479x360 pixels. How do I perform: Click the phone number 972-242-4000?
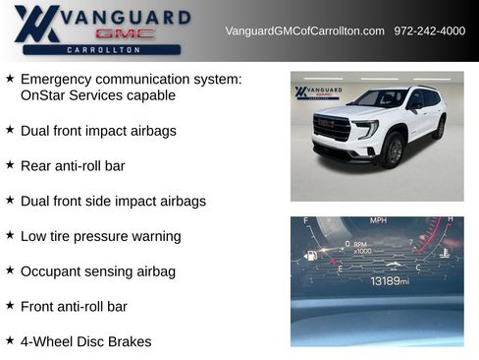[x=429, y=31]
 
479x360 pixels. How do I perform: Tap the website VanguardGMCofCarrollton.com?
[x=304, y=31]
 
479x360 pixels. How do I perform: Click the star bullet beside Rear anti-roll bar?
[x=10, y=165]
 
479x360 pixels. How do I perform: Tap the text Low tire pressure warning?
[x=100, y=236]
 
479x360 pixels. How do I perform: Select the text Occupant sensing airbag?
[x=97, y=270]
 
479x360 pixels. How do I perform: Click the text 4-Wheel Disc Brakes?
[x=85, y=341]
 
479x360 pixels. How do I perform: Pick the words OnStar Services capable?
[x=97, y=95]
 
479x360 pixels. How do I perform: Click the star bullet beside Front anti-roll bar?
[x=10, y=306]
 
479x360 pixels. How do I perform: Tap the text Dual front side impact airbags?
[x=113, y=201]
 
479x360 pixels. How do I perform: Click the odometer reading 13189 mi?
[x=389, y=281]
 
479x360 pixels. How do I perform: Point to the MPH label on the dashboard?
[x=378, y=221]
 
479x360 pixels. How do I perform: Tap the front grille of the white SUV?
[x=332, y=128]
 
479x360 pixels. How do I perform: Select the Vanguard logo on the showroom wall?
[x=316, y=92]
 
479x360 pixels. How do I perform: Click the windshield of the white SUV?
[x=378, y=99]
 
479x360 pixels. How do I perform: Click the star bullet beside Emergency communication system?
[x=10, y=78]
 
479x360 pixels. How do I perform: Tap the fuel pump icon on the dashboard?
[x=311, y=256]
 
